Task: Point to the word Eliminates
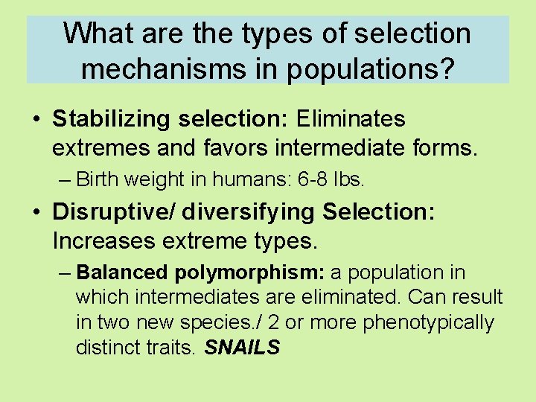(351, 119)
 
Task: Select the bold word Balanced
(124, 272)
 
